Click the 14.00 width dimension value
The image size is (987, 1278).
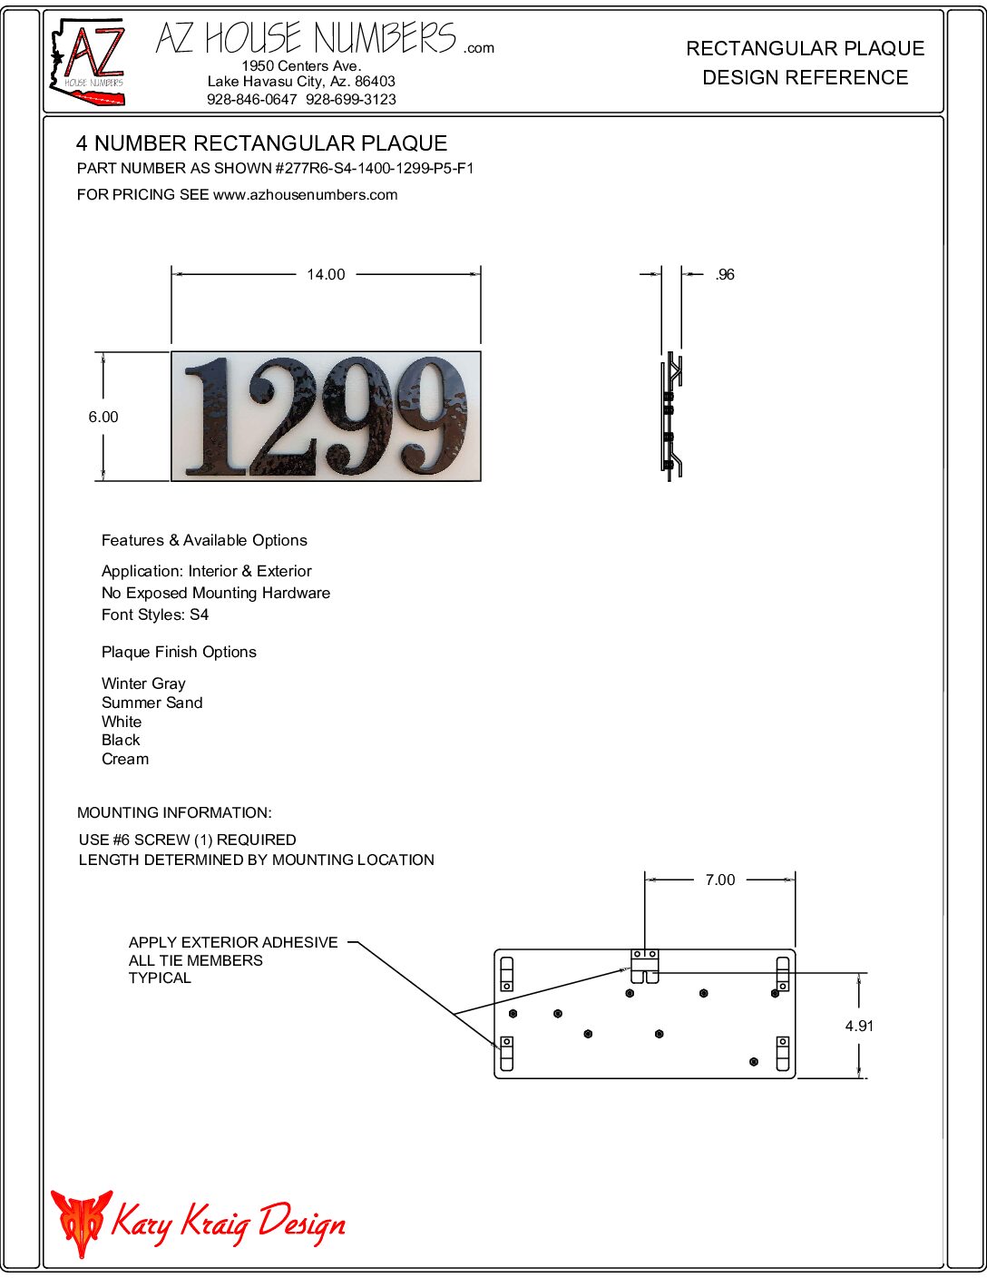coord(326,274)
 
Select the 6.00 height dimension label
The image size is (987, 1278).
coord(103,417)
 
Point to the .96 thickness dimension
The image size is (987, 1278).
coord(725,274)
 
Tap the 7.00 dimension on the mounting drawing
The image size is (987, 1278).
coord(720,880)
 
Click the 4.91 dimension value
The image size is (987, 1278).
coord(859,1026)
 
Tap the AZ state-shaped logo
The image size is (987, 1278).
coord(87,61)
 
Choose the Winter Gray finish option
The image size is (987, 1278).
coord(143,683)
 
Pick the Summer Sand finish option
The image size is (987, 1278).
coord(151,703)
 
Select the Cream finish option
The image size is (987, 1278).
coord(125,759)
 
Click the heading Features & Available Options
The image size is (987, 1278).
coord(204,540)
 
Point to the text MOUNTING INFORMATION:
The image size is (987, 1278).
coord(174,812)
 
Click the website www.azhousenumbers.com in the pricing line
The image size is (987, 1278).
coord(305,194)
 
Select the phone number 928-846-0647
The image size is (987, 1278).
coord(251,99)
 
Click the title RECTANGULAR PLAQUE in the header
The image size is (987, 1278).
coord(805,48)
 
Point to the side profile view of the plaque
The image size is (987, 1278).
coord(671,416)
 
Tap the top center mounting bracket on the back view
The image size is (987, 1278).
coord(645,966)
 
